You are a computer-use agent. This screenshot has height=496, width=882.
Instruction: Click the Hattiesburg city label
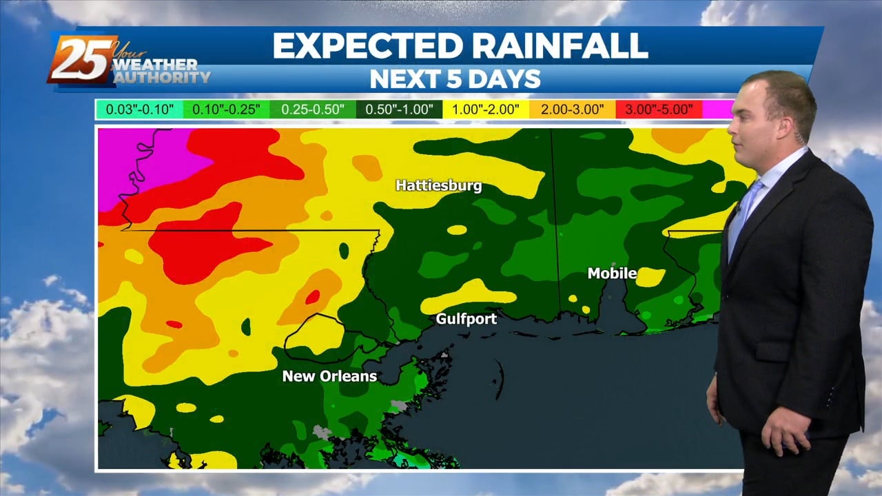pyautogui.click(x=438, y=185)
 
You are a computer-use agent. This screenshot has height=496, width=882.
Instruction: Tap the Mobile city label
pyautogui.click(x=612, y=273)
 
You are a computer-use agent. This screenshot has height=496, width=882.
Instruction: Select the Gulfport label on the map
pyautogui.click(x=466, y=319)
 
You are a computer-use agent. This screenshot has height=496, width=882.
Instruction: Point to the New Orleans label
pyautogui.click(x=329, y=376)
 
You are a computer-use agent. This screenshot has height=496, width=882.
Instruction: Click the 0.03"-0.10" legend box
pyautogui.click(x=139, y=109)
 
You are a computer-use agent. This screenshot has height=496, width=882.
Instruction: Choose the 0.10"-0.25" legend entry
pyautogui.click(x=226, y=109)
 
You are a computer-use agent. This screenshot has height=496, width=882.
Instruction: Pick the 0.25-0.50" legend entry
pyautogui.click(x=313, y=109)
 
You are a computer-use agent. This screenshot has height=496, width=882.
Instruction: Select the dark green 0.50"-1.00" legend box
pyautogui.click(x=399, y=109)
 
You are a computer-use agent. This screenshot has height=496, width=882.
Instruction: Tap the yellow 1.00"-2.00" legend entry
pyautogui.click(x=485, y=109)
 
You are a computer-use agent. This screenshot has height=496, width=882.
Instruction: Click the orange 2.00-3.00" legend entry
pyautogui.click(x=572, y=109)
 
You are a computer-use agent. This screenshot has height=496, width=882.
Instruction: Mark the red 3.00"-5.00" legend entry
pyautogui.click(x=658, y=109)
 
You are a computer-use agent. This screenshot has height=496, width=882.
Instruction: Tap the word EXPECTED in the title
pyautogui.click(x=366, y=46)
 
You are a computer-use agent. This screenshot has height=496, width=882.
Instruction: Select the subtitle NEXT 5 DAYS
pyautogui.click(x=455, y=79)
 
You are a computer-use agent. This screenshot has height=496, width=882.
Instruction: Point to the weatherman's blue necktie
pyautogui.click(x=744, y=206)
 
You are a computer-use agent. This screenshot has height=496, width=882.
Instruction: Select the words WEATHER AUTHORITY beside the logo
pyautogui.click(x=160, y=71)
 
